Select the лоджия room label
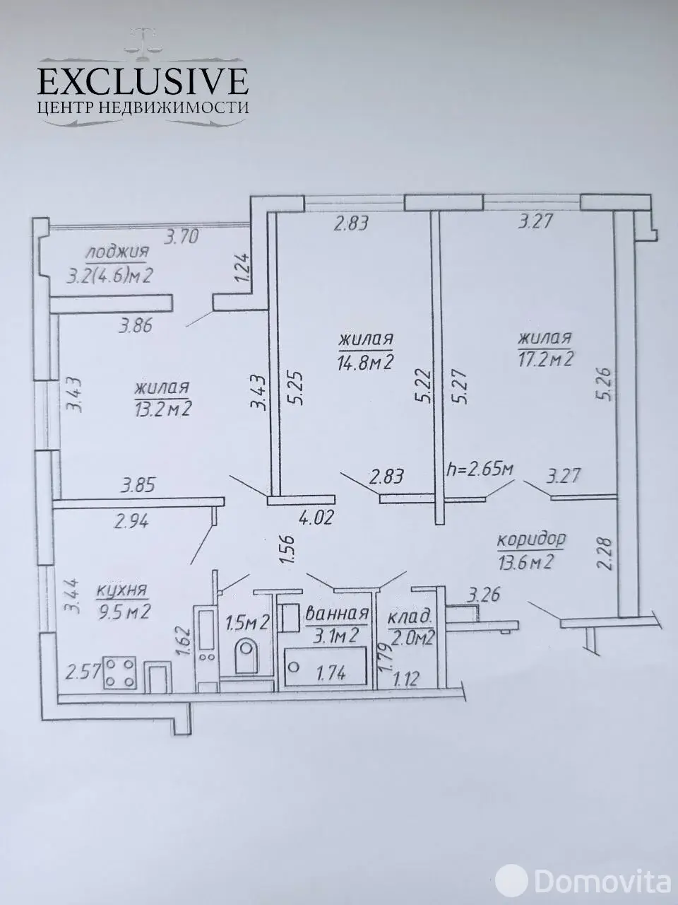tap(117, 251)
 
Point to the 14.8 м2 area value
tap(366, 362)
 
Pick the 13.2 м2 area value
tap(162, 409)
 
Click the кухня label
tap(122, 590)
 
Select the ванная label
tap(337, 614)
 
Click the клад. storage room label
tap(410, 618)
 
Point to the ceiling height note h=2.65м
tap(480, 469)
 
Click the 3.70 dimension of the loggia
tap(182, 237)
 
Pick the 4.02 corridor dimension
tap(316, 518)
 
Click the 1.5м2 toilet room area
tap(247, 621)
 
